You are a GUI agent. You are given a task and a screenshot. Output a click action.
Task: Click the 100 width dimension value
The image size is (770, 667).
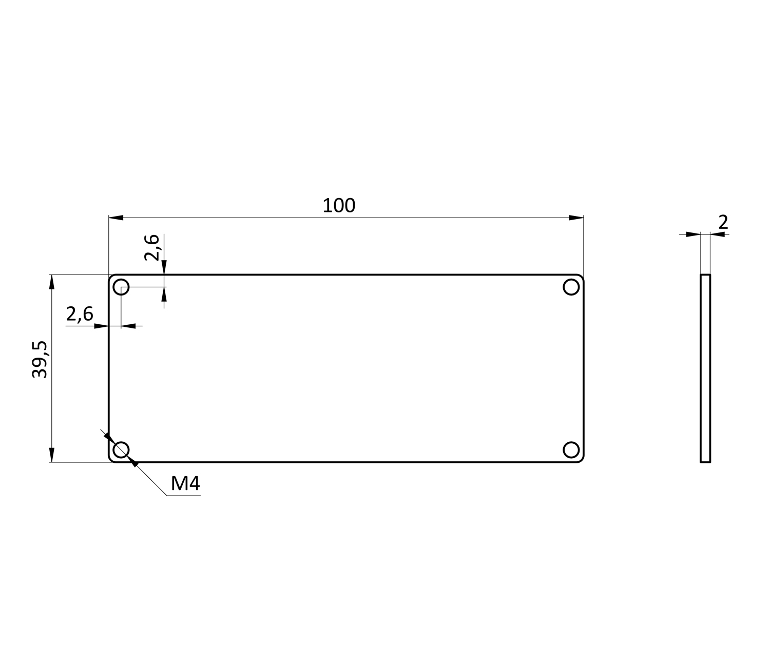339,206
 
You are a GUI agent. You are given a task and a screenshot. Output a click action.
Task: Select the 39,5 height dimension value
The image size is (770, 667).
40,359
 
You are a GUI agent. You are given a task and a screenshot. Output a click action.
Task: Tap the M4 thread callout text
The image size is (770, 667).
185,483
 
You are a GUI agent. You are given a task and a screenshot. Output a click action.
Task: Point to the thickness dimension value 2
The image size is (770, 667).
723,222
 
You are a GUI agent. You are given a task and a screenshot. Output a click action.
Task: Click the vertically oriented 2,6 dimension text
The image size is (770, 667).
152,247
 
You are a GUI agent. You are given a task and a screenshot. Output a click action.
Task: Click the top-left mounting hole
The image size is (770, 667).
121,287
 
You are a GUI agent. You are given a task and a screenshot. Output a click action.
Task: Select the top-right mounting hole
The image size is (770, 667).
571,287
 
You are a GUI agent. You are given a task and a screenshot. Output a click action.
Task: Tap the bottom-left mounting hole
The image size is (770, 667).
121,450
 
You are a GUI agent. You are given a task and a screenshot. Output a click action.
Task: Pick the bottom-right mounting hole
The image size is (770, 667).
571,450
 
